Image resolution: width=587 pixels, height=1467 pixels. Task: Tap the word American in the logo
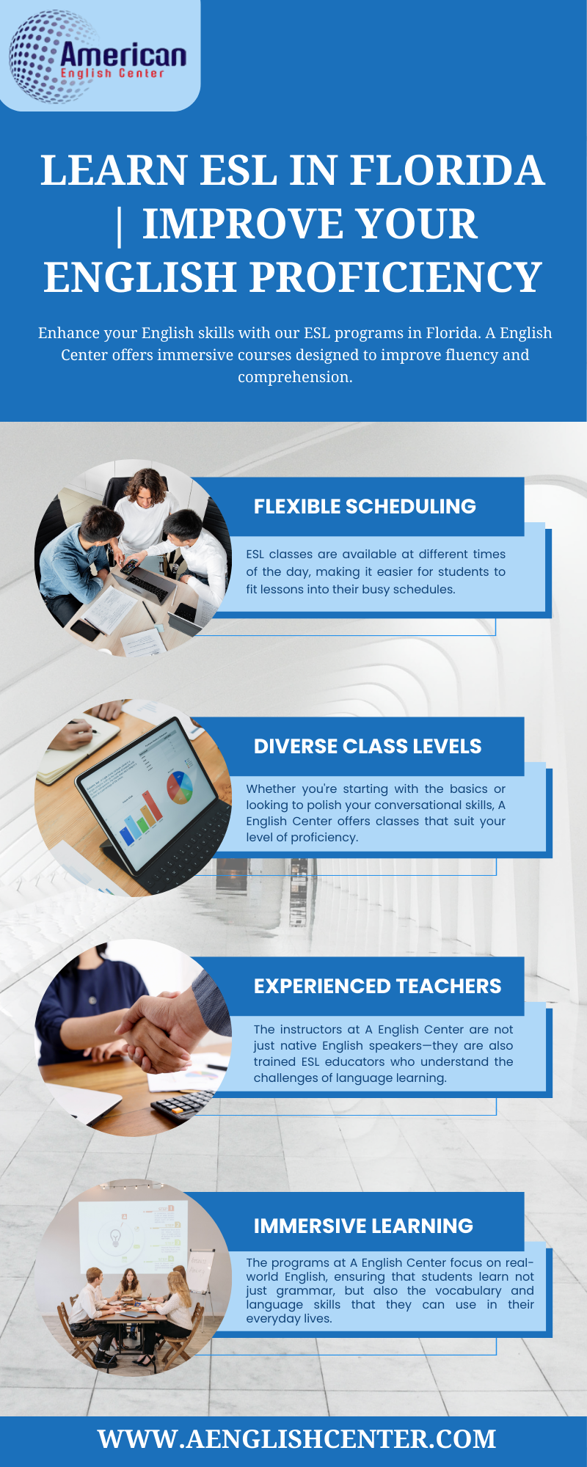click(123, 55)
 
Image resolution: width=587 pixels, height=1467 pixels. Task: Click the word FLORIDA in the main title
click(447, 170)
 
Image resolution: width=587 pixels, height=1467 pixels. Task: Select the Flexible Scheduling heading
click(365, 506)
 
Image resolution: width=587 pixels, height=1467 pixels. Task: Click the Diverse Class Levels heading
click(368, 746)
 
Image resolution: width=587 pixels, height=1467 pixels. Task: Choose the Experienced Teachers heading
click(378, 986)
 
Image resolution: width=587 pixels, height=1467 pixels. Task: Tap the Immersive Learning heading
click(363, 1226)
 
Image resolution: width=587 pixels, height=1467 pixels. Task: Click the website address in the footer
click(297, 1438)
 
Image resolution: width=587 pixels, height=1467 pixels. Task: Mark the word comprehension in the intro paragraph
click(295, 377)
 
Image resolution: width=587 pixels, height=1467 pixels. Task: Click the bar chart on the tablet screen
click(139, 819)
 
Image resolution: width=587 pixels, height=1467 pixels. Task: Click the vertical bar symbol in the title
click(120, 224)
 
